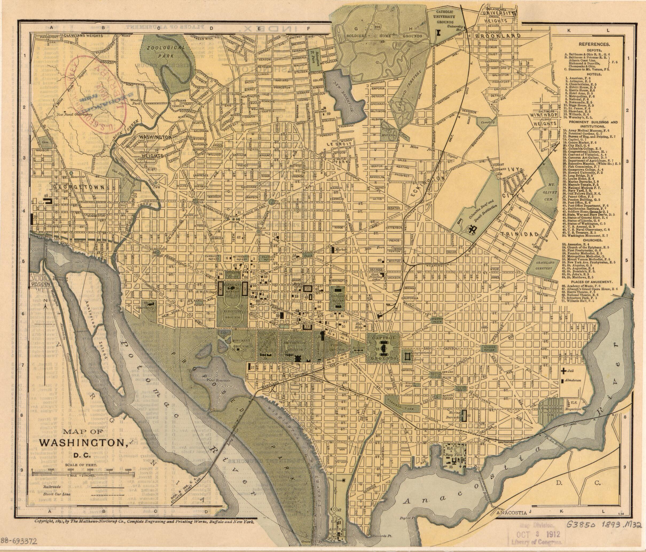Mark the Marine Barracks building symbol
click(x=464, y=415)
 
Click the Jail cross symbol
click(x=563, y=371)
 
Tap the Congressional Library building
click(x=406, y=356)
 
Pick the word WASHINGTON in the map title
click(x=82, y=443)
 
